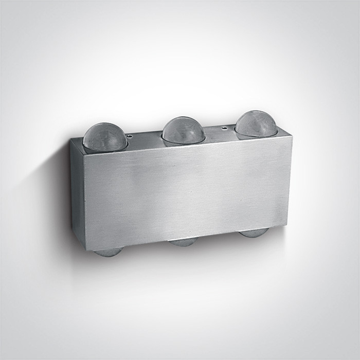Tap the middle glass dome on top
[184, 131]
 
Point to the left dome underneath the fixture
[108, 252]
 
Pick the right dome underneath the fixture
[253, 233]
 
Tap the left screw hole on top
[130, 137]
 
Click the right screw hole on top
[224, 126]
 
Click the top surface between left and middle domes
[147, 140]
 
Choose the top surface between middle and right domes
[220, 133]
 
